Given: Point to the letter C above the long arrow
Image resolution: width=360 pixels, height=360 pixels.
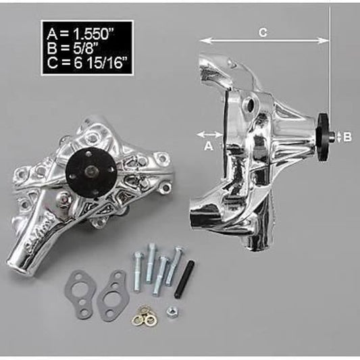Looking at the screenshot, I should (x=263, y=31).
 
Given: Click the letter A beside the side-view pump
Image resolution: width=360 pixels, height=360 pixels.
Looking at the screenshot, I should (x=208, y=145).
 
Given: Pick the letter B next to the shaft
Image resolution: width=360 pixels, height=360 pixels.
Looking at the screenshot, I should (x=347, y=136).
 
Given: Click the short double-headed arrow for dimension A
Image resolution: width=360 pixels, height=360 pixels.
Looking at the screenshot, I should (x=208, y=132).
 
